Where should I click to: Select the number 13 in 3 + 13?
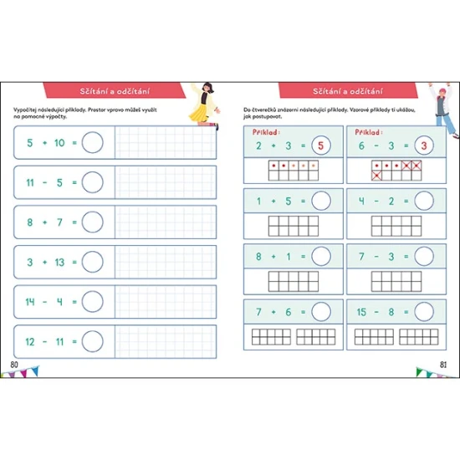pyautogui.click(x=59, y=262)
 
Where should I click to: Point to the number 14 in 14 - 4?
pyautogui.click(x=30, y=302)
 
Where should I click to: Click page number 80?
pyautogui.click(x=14, y=365)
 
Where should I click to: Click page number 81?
pyautogui.click(x=443, y=365)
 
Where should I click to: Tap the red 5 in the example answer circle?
pyautogui.click(x=320, y=146)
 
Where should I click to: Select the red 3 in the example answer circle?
pyautogui.click(x=424, y=146)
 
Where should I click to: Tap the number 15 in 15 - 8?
pyautogui.click(x=361, y=312)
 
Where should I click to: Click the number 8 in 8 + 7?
pyautogui.click(x=30, y=222)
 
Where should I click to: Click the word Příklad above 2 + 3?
pyautogui.click(x=266, y=132)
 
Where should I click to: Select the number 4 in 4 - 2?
pyautogui.click(x=361, y=201)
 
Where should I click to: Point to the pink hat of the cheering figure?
pyautogui.click(x=442, y=91)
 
